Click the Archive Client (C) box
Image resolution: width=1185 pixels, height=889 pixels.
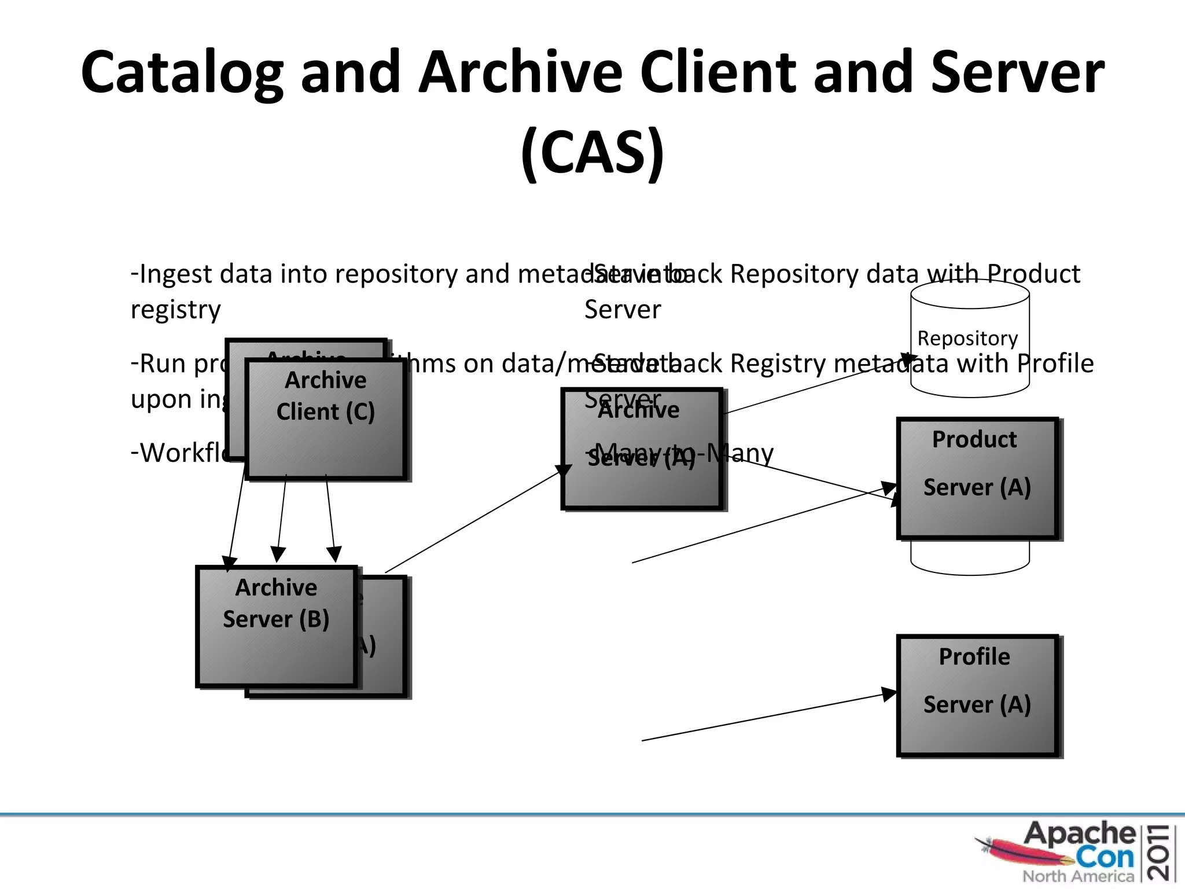[x=325, y=419]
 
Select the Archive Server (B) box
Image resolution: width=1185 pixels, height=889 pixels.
[x=276, y=626]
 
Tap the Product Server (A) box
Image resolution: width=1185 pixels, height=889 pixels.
[x=977, y=478]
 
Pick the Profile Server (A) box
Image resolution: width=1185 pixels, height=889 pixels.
[x=977, y=695]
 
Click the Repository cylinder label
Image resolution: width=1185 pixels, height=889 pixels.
[x=967, y=338]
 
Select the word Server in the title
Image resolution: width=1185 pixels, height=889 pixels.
[x=1018, y=72]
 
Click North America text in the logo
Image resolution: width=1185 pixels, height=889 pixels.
[x=1077, y=876]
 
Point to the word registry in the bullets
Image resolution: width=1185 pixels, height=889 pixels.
[x=175, y=310]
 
